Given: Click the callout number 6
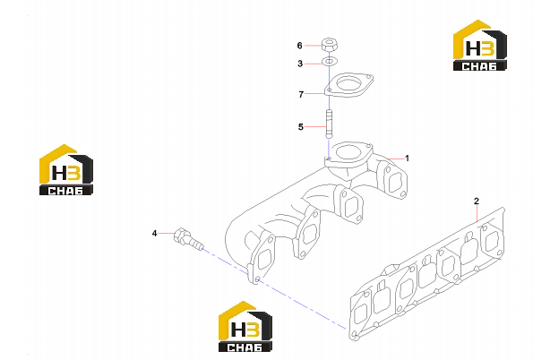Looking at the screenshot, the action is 299,46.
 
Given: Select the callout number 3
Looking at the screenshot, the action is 300,64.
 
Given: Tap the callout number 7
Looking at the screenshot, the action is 301,95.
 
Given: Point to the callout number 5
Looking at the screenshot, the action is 300,127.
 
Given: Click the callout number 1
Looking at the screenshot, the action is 407,159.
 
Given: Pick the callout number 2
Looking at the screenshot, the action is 477,201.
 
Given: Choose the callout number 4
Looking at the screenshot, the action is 154,234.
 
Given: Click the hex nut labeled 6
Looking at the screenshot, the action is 329,45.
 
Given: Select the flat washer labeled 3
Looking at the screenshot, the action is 329,62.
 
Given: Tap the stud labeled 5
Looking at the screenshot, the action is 329,124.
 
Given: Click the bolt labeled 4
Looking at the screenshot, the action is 188,239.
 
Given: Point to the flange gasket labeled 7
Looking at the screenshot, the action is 348,85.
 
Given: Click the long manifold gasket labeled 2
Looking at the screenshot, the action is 427,274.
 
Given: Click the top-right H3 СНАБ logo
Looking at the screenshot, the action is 479,45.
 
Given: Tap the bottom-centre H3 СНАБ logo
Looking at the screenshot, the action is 245,326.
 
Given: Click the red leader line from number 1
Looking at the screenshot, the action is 394,159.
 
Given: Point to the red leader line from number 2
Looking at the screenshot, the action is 477,214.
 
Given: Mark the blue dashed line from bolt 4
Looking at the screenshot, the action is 275,288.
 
